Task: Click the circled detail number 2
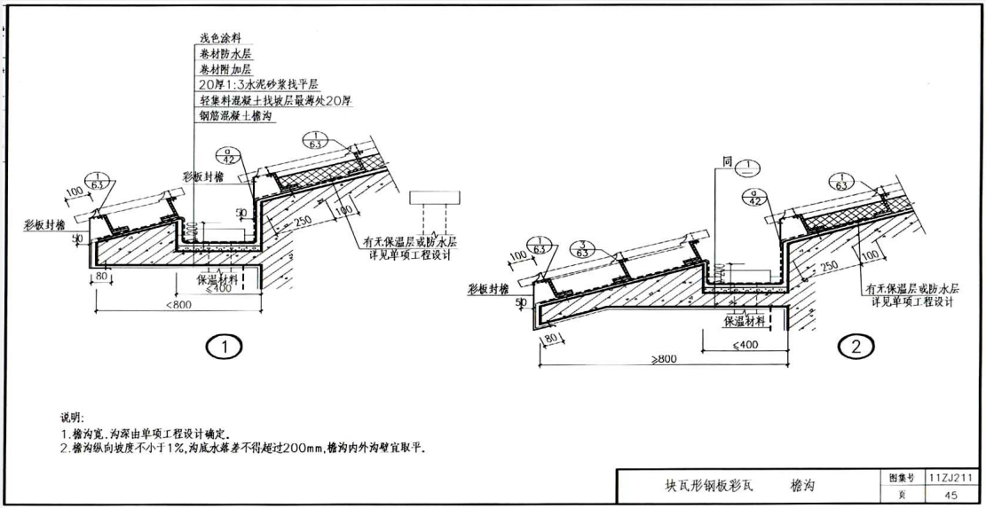coord(856,348)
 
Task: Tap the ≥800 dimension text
coord(662,359)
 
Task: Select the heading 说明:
coord(71,417)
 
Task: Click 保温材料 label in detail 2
coord(745,320)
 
